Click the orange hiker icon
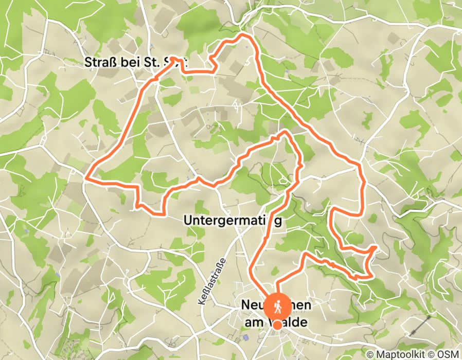point(277,306)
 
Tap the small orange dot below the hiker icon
point(277,325)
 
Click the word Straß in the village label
point(96,63)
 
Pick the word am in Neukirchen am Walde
point(251,322)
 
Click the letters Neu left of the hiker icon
point(250,305)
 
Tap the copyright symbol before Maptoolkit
point(370,354)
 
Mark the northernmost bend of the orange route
point(244,34)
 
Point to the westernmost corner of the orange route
point(85,178)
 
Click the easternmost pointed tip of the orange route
point(376,247)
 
